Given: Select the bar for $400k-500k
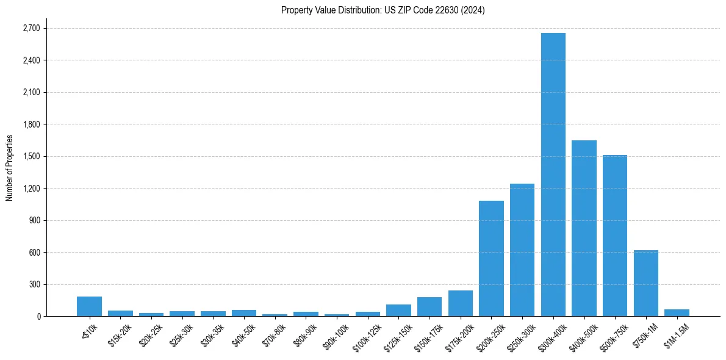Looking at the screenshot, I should pos(584,228).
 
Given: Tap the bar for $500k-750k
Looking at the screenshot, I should pos(615,236).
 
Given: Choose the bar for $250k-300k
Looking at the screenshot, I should pos(522,250).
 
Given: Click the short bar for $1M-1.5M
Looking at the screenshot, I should pos(677,313).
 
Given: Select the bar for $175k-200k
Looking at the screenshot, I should pos(461,303).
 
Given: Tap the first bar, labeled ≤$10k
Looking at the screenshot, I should pos(89,306).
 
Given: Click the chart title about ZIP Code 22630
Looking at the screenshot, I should pos(383,10).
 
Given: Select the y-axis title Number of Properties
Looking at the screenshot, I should pos(9,168).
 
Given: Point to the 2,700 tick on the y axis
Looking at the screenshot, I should pos(31,28).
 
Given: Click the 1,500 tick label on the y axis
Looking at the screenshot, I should pos(31,156).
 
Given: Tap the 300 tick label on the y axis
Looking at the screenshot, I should pos(34,284).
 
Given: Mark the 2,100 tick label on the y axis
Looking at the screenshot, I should pos(31,92).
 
